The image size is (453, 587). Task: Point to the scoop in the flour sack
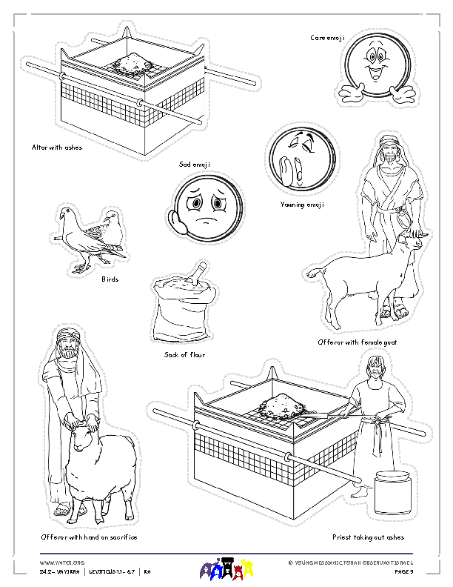[x=194, y=274]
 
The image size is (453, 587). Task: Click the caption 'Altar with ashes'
[x=56, y=147]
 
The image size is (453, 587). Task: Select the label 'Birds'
[x=110, y=279]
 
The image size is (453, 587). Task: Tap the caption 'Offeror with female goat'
[x=356, y=342]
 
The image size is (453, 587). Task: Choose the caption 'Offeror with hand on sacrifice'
[x=89, y=537]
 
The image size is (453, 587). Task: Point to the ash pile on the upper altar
[x=131, y=62]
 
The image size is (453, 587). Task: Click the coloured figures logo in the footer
[x=225, y=569]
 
